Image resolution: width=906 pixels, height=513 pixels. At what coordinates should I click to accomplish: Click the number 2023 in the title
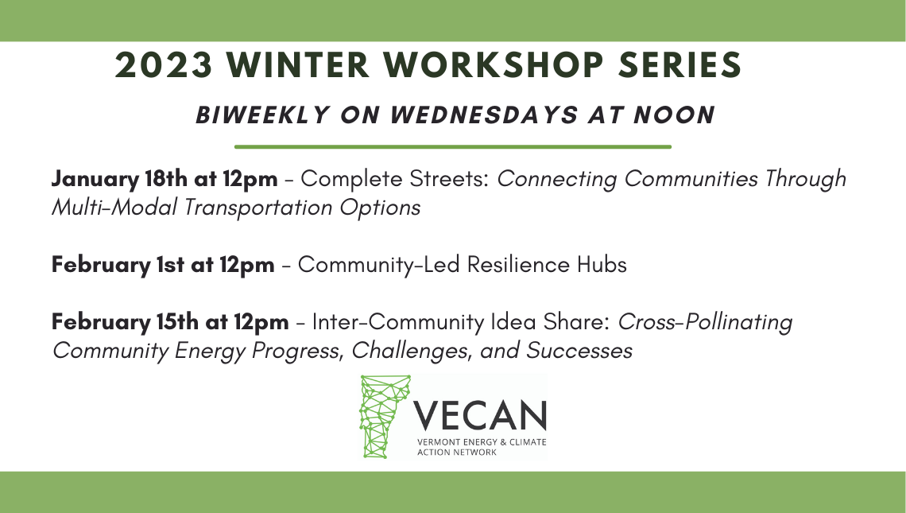(x=164, y=64)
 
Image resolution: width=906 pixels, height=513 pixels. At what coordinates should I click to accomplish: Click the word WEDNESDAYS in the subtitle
(x=484, y=115)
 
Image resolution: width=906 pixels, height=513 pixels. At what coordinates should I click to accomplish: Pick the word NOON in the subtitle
(x=674, y=115)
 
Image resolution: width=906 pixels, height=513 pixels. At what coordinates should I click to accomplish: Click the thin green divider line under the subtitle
(x=452, y=147)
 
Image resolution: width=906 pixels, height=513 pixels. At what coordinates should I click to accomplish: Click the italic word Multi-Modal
(x=113, y=208)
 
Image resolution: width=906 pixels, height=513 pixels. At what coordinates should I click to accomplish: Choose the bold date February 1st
(x=118, y=266)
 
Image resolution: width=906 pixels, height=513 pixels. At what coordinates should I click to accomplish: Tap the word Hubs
(x=602, y=265)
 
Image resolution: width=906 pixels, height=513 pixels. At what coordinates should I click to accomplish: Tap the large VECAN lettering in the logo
(x=479, y=414)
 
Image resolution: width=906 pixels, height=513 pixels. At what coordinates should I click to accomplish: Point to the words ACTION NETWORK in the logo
(x=456, y=453)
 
